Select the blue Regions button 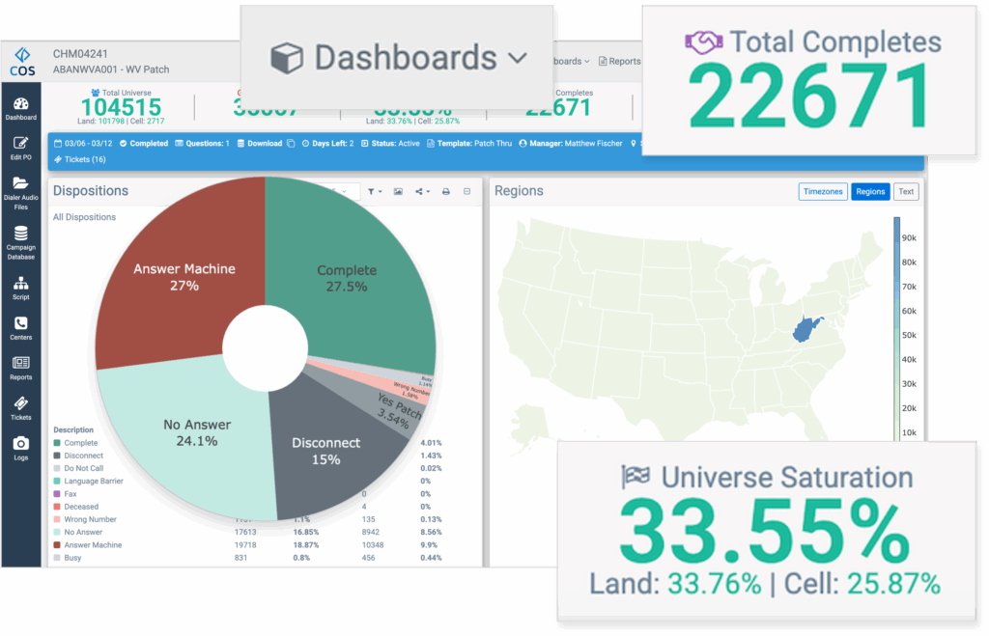pyautogui.click(x=870, y=191)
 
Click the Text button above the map pyautogui.click(x=905, y=191)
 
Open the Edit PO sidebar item pyautogui.click(x=20, y=149)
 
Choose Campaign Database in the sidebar pyautogui.click(x=20, y=241)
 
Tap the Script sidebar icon pyautogui.click(x=20, y=288)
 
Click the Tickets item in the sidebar pyautogui.click(x=20, y=408)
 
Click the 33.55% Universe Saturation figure pyautogui.click(x=762, y=532)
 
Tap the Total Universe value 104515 pyautogui.click(x=121, y=107)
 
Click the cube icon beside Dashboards pyautogui.click(x=286, y=58)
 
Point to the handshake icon pyautogui.click(x=704, y=42)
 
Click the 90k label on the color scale pyautogui.click(x=908, y=237)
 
